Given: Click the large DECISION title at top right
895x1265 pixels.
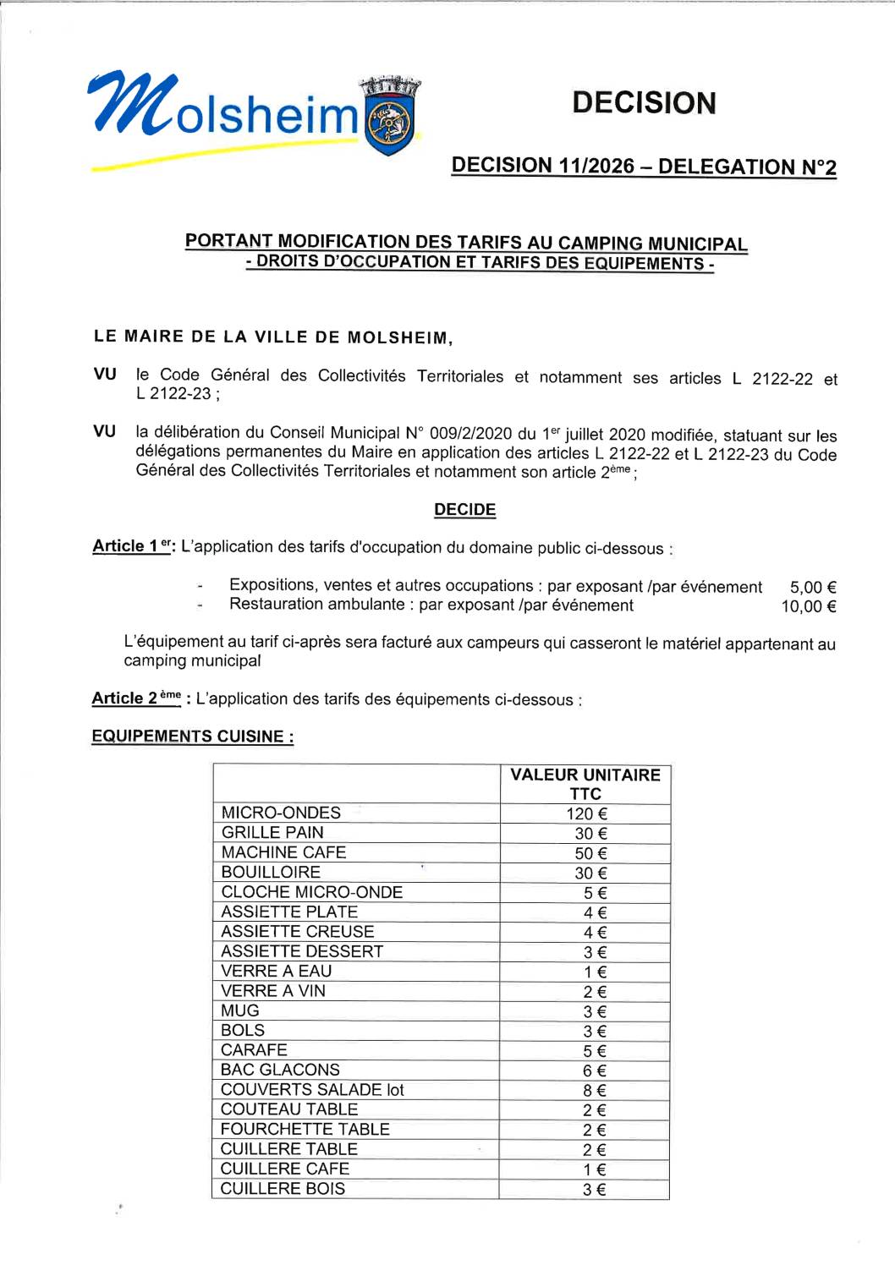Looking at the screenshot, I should [644, 103].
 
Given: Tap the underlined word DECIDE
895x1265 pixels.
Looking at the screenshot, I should [464, 510].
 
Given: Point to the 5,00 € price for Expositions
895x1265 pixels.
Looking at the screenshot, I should [812, 587].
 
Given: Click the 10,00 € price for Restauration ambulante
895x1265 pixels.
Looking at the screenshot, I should [808, 606].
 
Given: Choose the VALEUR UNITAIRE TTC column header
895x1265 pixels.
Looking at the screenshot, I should [585, 784].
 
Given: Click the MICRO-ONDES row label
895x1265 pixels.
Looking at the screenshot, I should [281, 813].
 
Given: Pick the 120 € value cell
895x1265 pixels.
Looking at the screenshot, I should [586, 813].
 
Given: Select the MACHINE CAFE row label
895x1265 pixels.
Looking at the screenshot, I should [283, 852].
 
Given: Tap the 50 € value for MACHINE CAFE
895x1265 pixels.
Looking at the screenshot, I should [590, 853].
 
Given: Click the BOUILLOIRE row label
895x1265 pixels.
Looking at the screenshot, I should [271, 872].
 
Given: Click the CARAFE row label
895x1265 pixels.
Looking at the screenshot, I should [254, 1050].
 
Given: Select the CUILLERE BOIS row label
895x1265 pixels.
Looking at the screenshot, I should [283, 1189].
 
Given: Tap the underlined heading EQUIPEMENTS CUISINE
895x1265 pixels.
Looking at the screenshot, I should [192, 737].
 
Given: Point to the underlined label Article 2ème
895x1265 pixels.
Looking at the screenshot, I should [136, 698].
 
